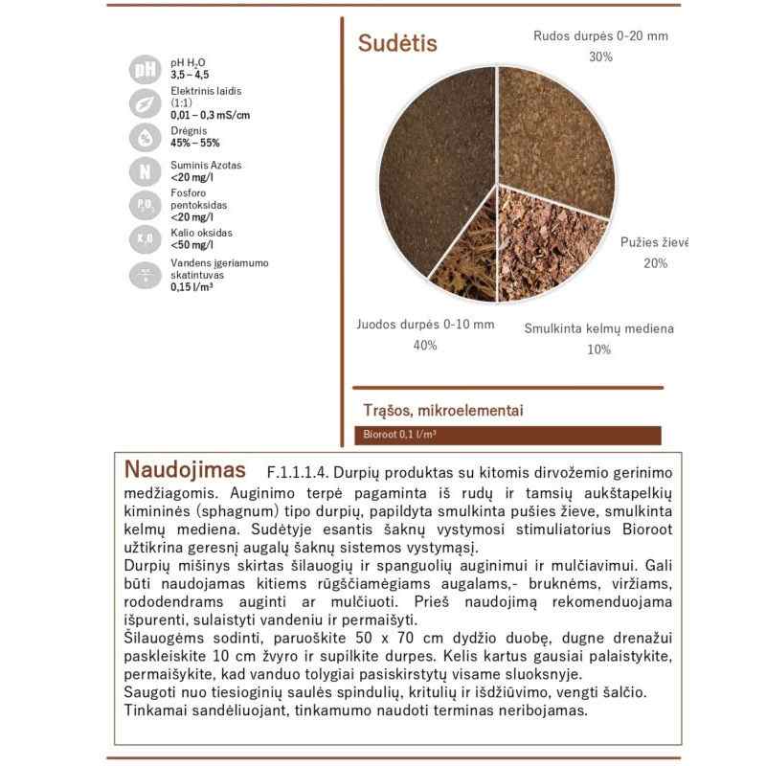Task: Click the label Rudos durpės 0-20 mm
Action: click(x=600, y=36)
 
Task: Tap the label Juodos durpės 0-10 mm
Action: click(x=425, y=324)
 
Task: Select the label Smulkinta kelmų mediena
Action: click(x=598, y=328)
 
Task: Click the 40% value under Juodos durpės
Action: click(x=425, y=346)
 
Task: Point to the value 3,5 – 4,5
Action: click(x=189, y=75)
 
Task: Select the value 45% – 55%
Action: click(x=195, y=143)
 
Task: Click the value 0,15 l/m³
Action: click(x=191, y=286)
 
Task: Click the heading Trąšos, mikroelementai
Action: click(x=442, y=411)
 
